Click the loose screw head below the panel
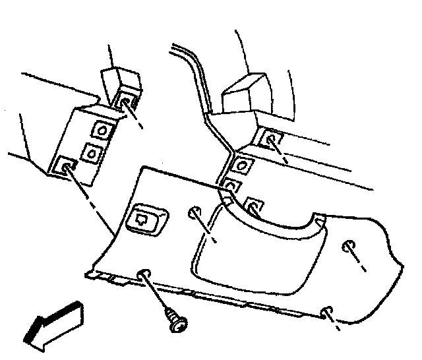(x=176, y=322)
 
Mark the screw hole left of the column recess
(x=195, y=212)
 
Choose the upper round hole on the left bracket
(x=102, y=131)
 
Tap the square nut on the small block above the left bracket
(x=123, y=100)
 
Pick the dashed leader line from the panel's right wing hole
(x=359, y=260)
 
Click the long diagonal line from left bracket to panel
(x=92, y=204)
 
